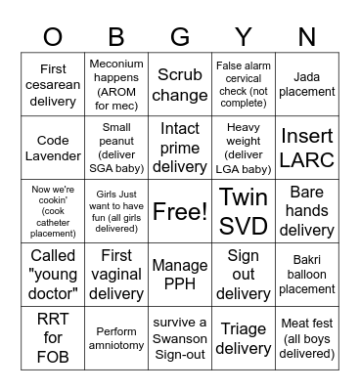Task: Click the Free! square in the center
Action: (180, 211)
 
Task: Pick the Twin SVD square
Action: (244, 211)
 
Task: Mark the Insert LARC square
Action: (306, 148)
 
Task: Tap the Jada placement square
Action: (306, 85)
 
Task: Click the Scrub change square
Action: (180, 85)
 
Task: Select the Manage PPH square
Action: (180, 275)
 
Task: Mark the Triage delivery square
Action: (244, 338)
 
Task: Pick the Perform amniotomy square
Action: (116, 338)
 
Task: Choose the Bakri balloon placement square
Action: (306, 275)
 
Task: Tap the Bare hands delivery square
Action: (306, 211)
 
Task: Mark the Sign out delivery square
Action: (244, 275)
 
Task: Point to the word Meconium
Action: (116, 64)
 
